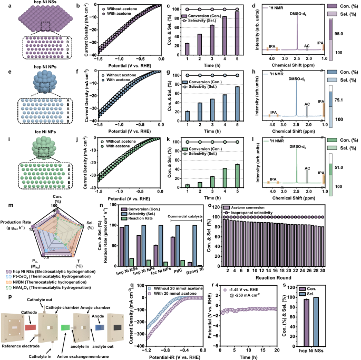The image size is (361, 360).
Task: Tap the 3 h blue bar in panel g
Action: pyautogui.click(x=212, y=114)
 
